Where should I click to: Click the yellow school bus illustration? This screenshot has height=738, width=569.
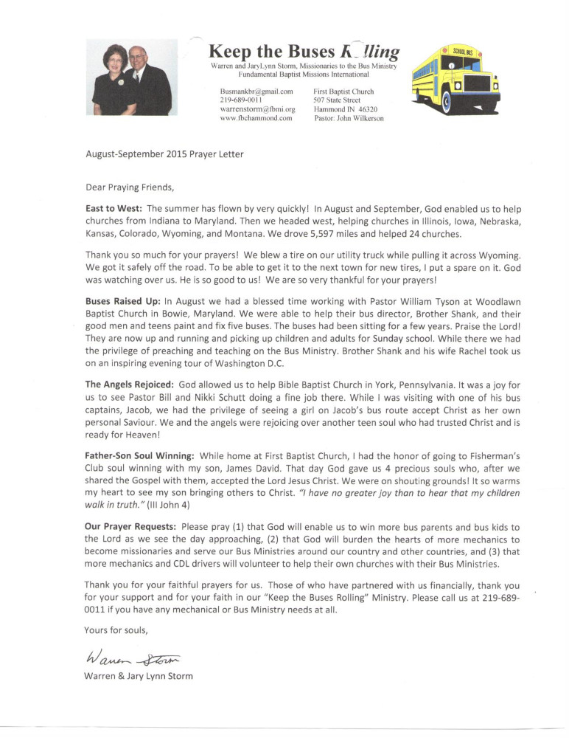coord(455,77)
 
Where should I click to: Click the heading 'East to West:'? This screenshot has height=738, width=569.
coord(114,209)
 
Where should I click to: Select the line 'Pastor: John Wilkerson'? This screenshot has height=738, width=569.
coord(349,118)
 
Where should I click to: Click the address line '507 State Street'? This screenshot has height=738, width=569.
coord(337,100)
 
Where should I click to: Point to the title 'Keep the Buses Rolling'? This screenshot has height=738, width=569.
coord(304,51)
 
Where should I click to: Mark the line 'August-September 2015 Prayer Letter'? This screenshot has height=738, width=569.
coord(164,154)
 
